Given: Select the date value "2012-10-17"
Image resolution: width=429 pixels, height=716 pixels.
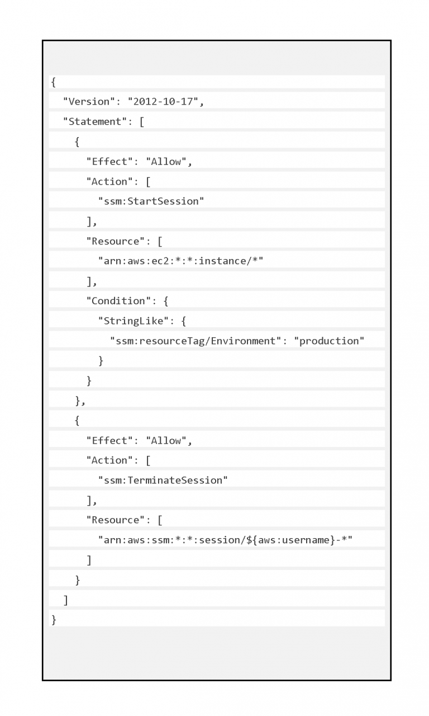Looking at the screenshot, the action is click(163, 102).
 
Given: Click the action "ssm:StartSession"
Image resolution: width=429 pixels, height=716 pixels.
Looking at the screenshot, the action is click(151, 201).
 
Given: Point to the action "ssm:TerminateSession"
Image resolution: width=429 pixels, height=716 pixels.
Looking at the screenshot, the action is click(163, 480).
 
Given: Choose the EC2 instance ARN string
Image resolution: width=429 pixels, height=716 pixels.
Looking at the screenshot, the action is click(180, 261).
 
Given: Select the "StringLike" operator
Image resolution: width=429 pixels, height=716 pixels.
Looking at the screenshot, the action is click(134, 321).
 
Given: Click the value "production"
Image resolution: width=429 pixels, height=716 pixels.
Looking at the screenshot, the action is click(329, 341).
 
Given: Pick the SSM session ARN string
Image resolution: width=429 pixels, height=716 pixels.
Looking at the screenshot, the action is click(225, 540).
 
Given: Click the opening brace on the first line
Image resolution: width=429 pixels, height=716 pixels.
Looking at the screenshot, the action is click(54, 82).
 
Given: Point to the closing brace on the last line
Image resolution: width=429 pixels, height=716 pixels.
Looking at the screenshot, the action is click(54, 620).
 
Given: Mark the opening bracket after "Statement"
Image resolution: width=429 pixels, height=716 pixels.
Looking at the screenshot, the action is click(142, 122).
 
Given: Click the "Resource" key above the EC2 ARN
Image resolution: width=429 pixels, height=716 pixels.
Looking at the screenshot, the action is click(116, 241).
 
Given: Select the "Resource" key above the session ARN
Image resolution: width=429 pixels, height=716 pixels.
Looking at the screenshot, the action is click(116, 520).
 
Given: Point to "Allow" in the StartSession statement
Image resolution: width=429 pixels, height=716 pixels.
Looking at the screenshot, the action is click(166, 162).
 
